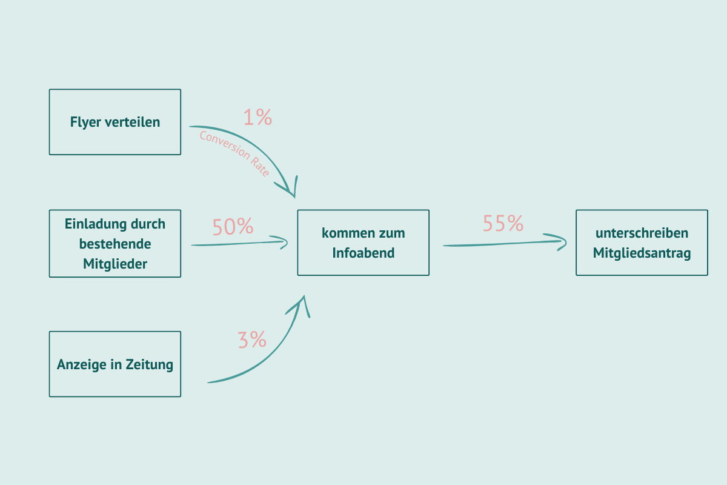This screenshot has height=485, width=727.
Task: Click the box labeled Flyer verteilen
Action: (115, 122)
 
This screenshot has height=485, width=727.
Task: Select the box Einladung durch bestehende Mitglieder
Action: (115, 243)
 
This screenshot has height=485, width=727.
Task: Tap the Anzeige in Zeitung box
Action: (115, 364)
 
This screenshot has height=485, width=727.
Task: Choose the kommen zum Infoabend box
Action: (363, 242)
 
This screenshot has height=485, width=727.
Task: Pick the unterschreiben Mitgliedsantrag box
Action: (642, 242)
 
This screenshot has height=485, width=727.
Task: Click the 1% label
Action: (257, 117)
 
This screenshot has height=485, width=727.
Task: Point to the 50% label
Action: (233, 226)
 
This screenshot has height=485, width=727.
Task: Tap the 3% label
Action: (252, 339)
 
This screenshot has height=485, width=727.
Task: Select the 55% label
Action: (503, 223)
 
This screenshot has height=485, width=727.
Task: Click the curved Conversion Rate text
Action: (235, 153)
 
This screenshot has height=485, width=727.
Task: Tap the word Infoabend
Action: (363, 253)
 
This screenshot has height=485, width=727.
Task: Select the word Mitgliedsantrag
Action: (642, 253)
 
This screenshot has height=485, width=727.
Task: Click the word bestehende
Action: (115, 244)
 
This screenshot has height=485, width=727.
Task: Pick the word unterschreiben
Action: (642, 233)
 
